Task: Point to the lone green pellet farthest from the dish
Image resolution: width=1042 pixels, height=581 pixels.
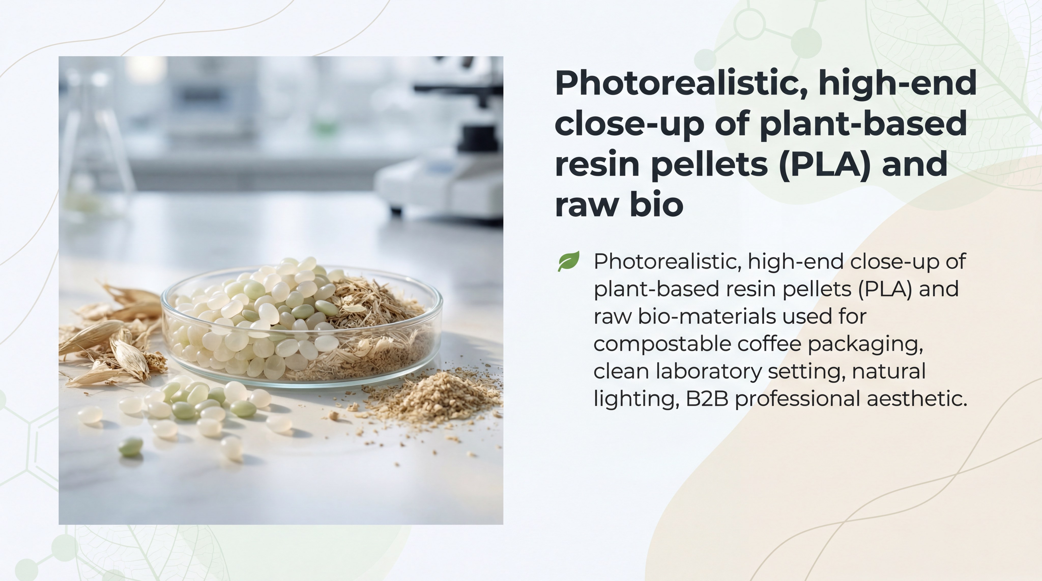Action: click(x=130, y=447)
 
